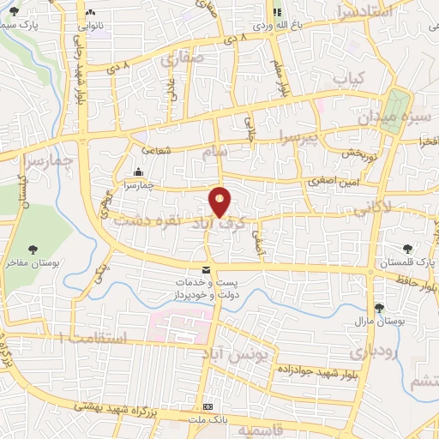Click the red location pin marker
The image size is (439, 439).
pyautogui.click(x=220, y=202)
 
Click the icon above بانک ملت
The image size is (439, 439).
pyautogui.click(x=207, y=406)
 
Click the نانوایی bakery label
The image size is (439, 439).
pyautogui.click(x=90, y=26)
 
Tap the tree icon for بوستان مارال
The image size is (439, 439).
pyautogui.click(x=378, y=310)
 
